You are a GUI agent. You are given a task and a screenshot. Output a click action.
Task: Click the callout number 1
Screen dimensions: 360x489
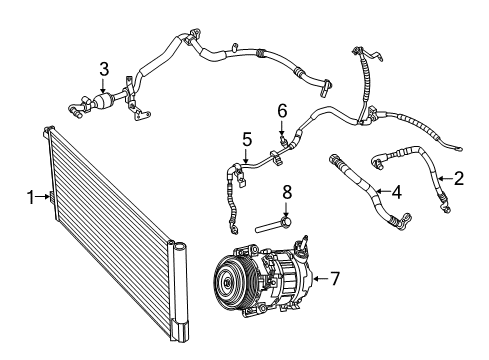pos(31,197)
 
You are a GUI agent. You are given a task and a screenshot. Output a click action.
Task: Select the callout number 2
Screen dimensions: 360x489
pos(459,179)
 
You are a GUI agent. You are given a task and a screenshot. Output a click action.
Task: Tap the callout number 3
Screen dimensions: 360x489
pos(103,69)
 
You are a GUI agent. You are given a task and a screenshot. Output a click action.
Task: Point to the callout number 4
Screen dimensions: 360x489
pos(396,190)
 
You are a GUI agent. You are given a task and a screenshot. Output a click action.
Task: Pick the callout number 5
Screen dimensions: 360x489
pos(246,140)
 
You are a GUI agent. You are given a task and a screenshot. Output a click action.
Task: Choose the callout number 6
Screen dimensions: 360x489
pos(282,110)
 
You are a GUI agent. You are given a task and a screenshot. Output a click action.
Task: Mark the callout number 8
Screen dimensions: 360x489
pos(286,192)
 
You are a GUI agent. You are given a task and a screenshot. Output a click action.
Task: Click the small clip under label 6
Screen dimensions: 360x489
pos(283,139)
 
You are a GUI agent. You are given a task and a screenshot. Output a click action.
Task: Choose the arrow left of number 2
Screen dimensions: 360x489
pos(446,179)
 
